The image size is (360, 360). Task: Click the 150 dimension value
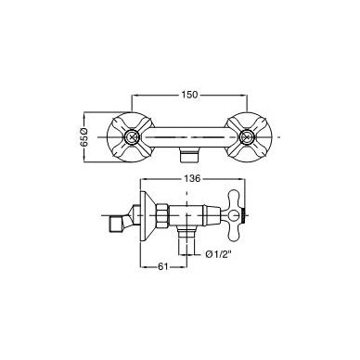click(189, 95)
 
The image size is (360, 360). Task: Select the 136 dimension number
click(192, 178)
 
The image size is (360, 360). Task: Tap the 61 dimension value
click(162, 266)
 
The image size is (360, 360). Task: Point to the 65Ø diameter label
click(84, 136)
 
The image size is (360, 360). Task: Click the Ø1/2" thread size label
click(219, 254)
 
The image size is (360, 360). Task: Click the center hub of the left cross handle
click(133, 136)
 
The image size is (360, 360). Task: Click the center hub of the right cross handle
click(247, 136)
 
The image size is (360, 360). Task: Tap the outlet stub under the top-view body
click(188, 155)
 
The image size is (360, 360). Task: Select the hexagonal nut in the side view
click(162, 215)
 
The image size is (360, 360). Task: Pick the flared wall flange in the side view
click(146, 215)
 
